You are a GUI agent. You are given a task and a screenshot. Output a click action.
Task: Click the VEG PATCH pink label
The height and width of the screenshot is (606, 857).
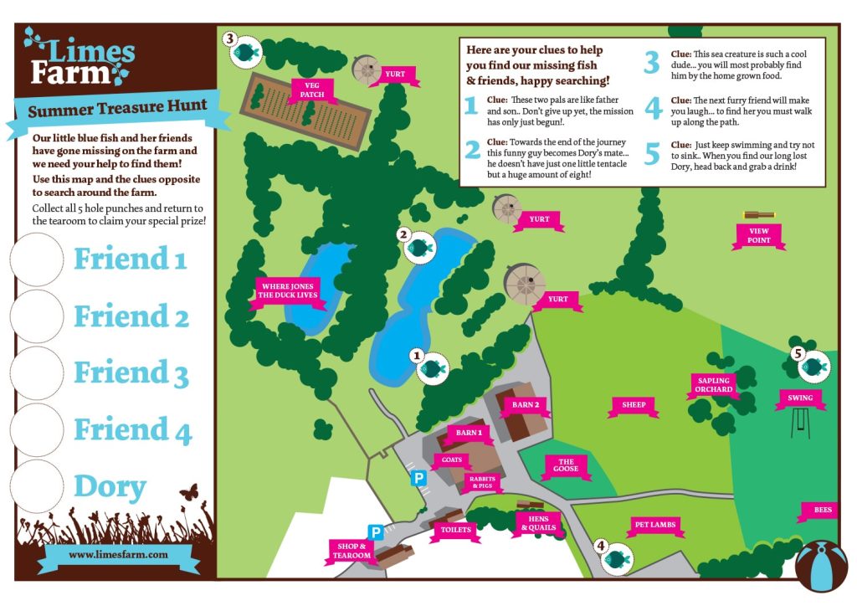(312, 89)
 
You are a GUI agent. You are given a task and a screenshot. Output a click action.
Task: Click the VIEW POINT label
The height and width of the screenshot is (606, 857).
(759, 235)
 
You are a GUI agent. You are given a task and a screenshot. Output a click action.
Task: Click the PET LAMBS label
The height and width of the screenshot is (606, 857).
(654, 525)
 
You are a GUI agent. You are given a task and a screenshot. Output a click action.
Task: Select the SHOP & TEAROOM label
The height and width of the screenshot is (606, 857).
(351, 551)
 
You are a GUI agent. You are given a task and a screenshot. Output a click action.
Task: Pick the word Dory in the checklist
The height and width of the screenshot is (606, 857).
(110, 487)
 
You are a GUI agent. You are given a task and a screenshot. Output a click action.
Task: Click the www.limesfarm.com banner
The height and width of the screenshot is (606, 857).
(118, 554)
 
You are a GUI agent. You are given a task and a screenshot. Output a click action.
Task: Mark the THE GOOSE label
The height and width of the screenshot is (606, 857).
(567, 465)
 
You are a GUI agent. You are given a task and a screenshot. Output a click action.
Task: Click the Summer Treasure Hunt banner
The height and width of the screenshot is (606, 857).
(118, 111)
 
